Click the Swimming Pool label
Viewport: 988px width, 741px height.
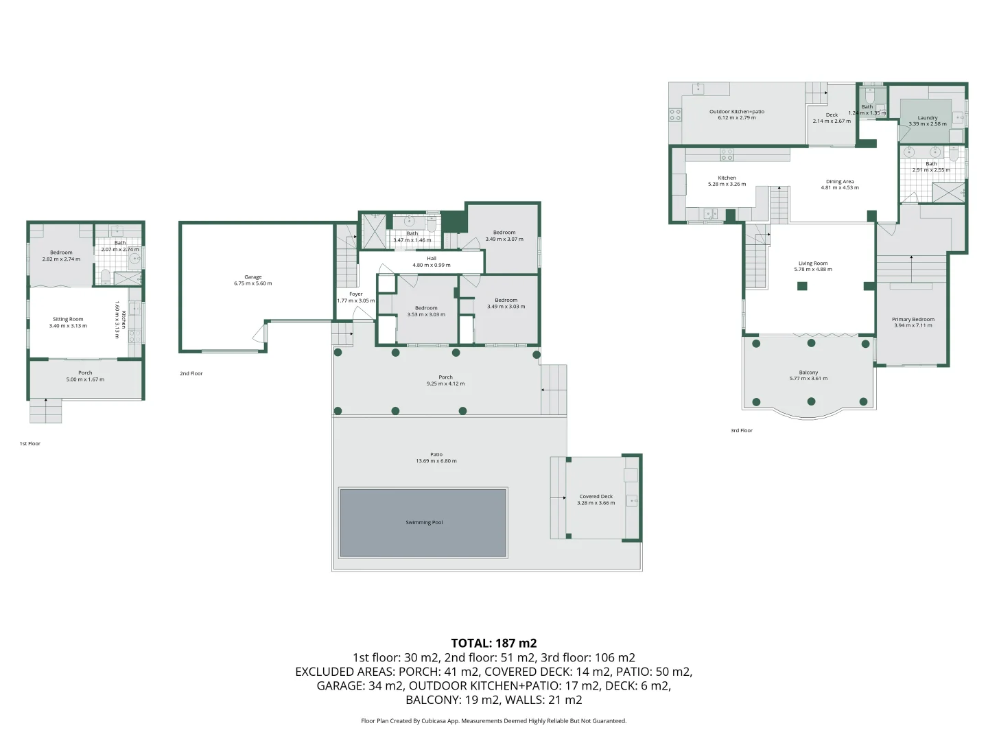(x=424, y=522)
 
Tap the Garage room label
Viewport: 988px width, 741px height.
(x=253, y=277)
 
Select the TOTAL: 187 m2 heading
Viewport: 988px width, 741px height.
(x=493, y=643)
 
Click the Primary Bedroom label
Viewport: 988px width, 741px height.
(x=913, y=319)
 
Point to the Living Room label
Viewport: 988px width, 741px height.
(x=813, y=263)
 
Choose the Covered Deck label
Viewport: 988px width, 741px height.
(x=596, y=496)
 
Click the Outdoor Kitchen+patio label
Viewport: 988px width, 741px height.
(x=737, y=111)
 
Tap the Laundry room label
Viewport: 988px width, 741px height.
(x=928, y=118)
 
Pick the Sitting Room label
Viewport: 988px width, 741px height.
(x=68, y=319)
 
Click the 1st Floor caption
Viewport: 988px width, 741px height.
(x=30, y=443)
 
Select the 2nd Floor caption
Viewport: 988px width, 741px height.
(x=191, y=373)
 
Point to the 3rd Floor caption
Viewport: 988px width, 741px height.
(x=742, y=430)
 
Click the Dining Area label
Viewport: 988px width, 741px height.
(x=840, y=182)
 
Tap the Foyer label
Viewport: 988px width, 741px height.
(x=355, y=294)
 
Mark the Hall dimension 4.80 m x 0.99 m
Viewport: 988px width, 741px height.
(x=432, y=265)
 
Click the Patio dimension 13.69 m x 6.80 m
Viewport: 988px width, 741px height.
(x=436, y=461)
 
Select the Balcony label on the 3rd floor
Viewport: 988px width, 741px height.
(x=808, y=373)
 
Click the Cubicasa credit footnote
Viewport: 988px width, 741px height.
(x=493, y=720)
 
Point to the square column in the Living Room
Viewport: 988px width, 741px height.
(x=801, y=286)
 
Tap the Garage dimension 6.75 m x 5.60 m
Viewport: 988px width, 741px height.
(x=253, y=283)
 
